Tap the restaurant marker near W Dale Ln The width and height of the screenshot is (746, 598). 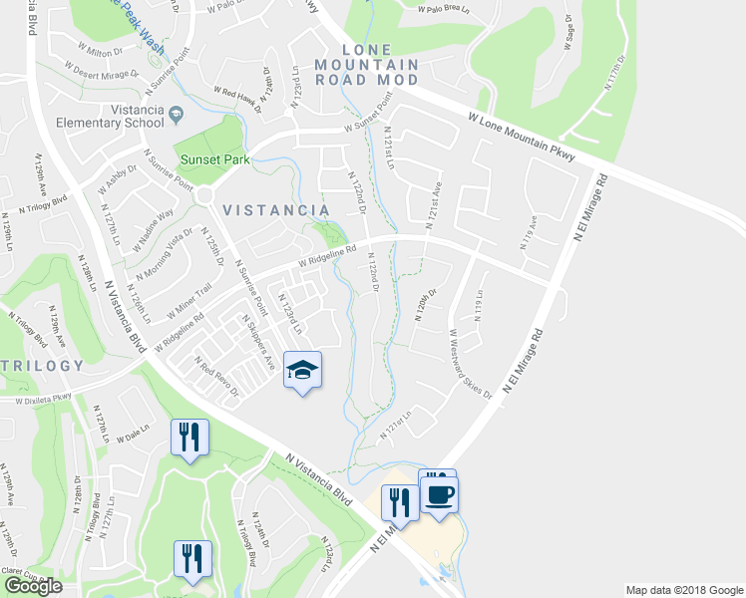point(187,438)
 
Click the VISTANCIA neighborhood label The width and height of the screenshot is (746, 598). point(276,210)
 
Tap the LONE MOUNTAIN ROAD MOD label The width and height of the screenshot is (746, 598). point(380,64)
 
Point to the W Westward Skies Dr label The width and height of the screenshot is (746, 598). point(471,364)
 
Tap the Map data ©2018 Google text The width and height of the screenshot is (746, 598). point(684,590)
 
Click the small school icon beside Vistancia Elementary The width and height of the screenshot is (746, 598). point(177,116)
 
